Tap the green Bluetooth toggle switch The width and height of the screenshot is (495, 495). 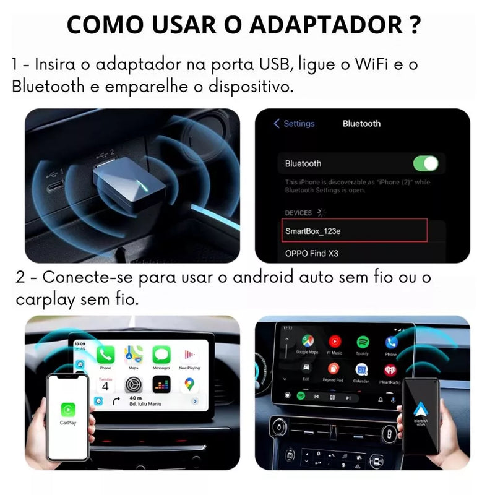[x=425, y=163]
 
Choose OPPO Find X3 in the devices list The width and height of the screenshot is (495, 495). [x=312, y=253]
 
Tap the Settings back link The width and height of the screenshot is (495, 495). [x=295, y=124]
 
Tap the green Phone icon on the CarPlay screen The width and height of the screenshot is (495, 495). [x=105, y=355]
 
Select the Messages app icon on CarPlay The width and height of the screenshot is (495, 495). [x=161, y=355]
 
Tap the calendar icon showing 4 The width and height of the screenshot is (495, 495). [x=105, y=385]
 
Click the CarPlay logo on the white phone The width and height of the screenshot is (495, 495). [x=68, y=410]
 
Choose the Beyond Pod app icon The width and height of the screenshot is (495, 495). [x=333, y=369]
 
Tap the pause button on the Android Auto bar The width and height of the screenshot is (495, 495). [x=332, y=397]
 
